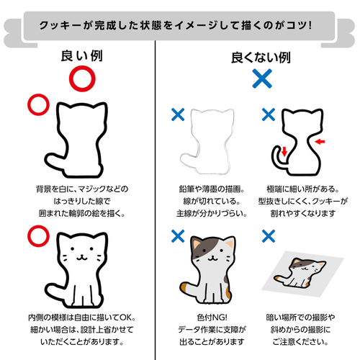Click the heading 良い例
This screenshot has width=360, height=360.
pos(82,56)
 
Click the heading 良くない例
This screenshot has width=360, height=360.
pos(261,58)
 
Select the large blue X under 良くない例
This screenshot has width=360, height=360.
pos(262,78)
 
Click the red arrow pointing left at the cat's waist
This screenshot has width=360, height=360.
pos(320,142)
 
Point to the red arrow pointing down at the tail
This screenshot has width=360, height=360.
pos(284,151)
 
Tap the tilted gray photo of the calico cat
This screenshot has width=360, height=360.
pos(303,274)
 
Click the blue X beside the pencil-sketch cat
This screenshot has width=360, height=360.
pos(178,114)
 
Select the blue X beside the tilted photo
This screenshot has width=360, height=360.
pos(269,236)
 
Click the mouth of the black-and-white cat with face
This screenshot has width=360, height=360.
pos(81,258)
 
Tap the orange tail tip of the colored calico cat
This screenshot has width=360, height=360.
pos(184,287)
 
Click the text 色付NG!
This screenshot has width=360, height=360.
pos(212,318)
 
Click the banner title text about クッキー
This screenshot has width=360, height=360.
pos(176,25)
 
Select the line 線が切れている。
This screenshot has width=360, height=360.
pos(212,201)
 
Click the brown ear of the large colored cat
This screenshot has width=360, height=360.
pos(197,243)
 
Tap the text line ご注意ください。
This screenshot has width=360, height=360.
pos(300,341)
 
